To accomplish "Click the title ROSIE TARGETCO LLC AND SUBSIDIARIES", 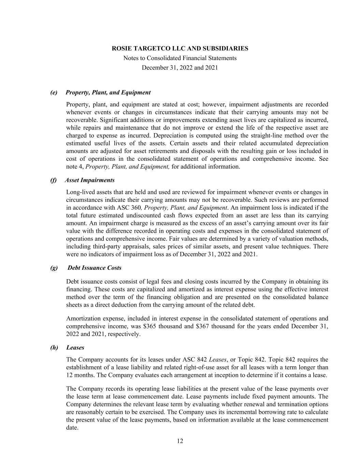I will [x=180, y=48].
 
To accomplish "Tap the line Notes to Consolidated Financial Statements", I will [x=180, y=58].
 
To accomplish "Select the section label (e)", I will [x=54, y=93].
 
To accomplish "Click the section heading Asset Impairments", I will [x=90, y=180].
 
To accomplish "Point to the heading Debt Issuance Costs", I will [x=94, y=268].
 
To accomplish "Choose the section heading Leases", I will [x=75, y=348].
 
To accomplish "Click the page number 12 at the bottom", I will [x=180, y=441].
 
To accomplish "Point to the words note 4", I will [x=75, y=167].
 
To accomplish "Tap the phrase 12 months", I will [x=81, y=375].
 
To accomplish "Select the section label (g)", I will [x=54, y=268].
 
